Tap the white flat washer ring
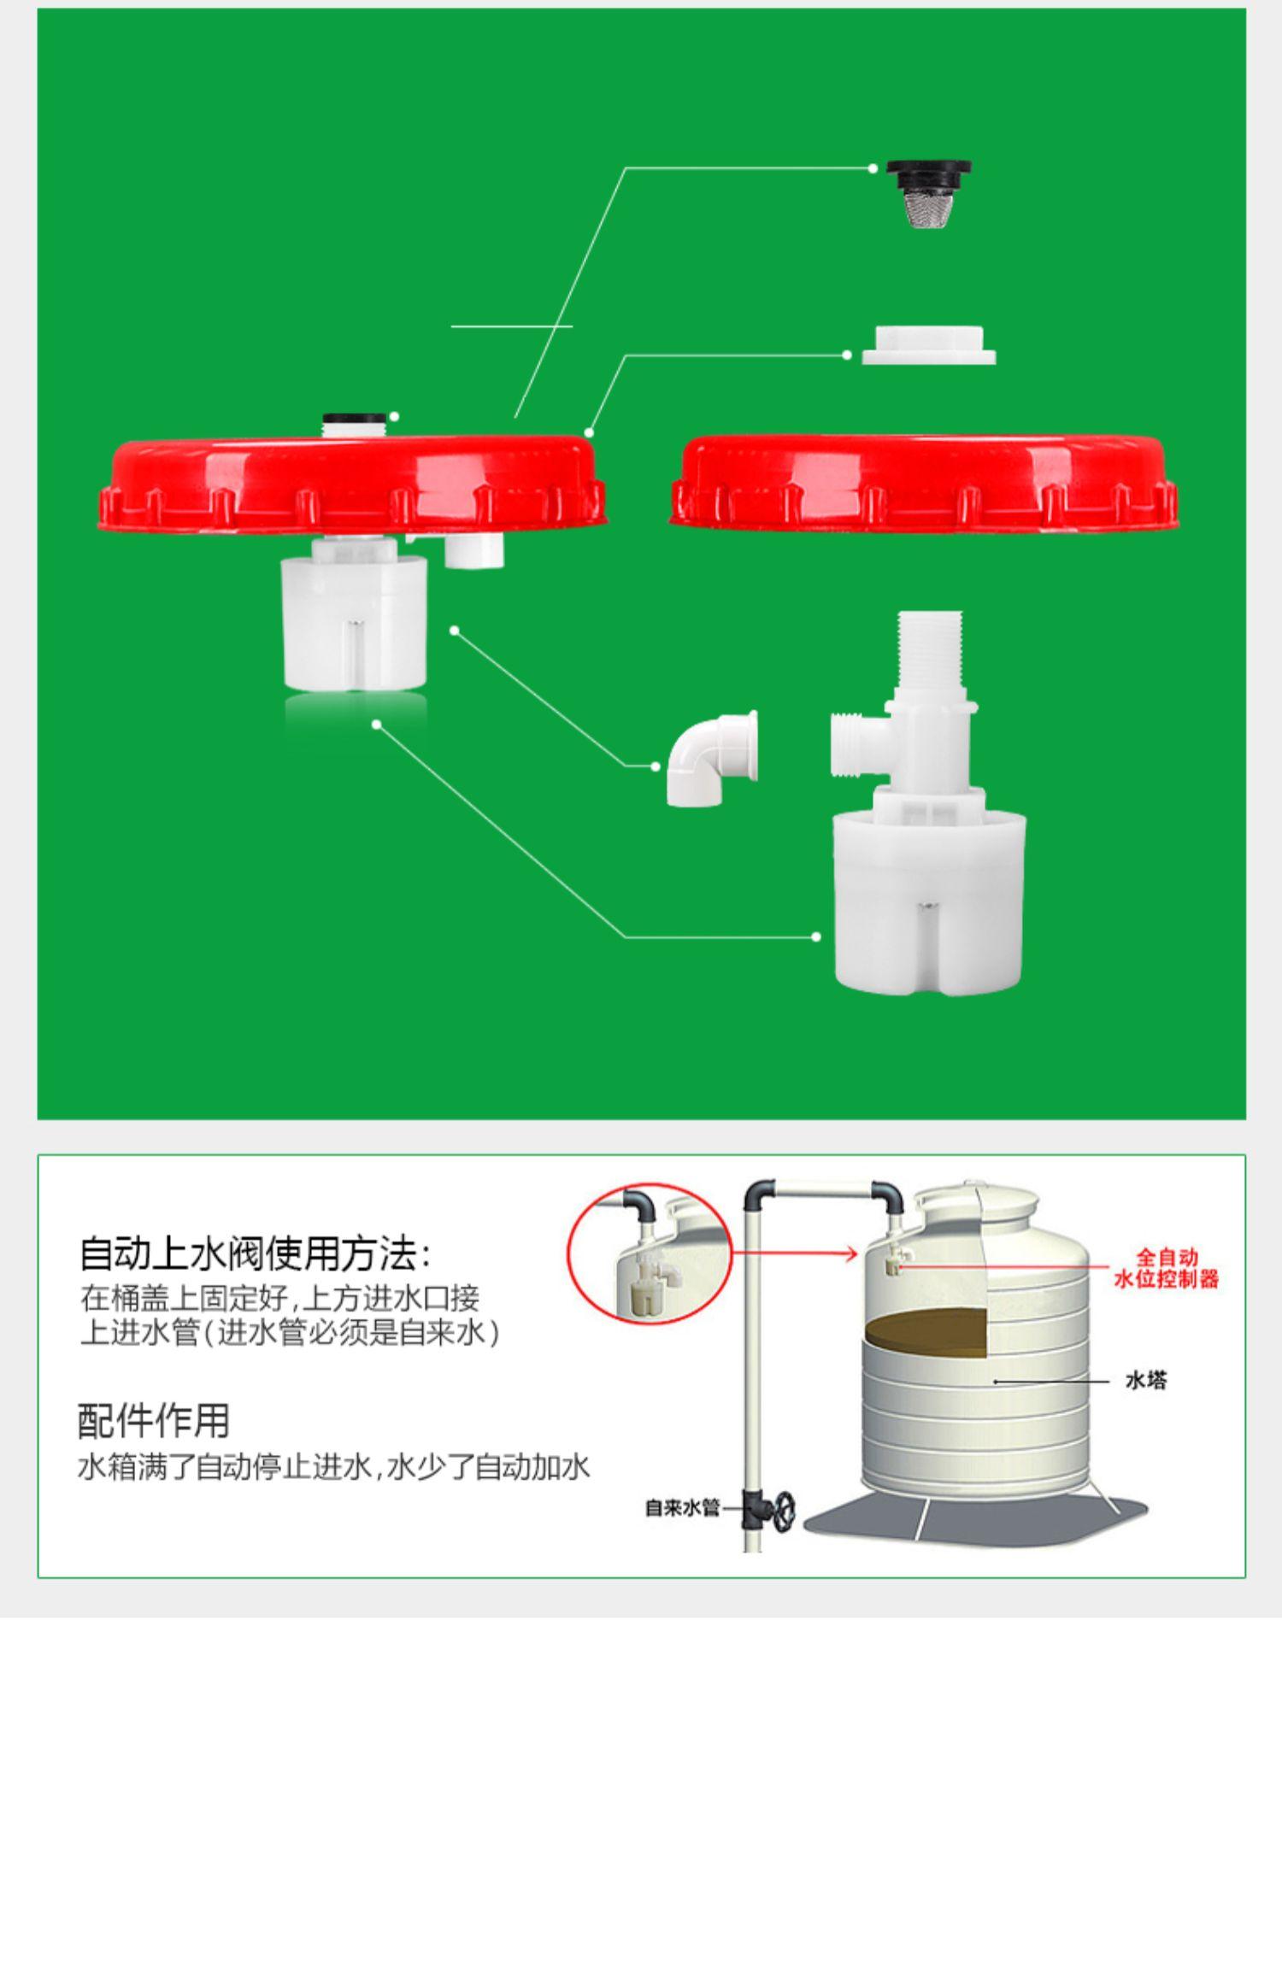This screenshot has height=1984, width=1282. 929,346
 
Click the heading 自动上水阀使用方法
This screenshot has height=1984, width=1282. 256,1255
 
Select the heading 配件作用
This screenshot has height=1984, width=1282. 154,1422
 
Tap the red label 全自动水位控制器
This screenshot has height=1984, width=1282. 1166,1268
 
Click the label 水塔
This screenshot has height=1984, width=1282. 1145,1380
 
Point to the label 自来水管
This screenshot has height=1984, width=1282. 682,1508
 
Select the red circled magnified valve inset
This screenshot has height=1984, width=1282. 650,1253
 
